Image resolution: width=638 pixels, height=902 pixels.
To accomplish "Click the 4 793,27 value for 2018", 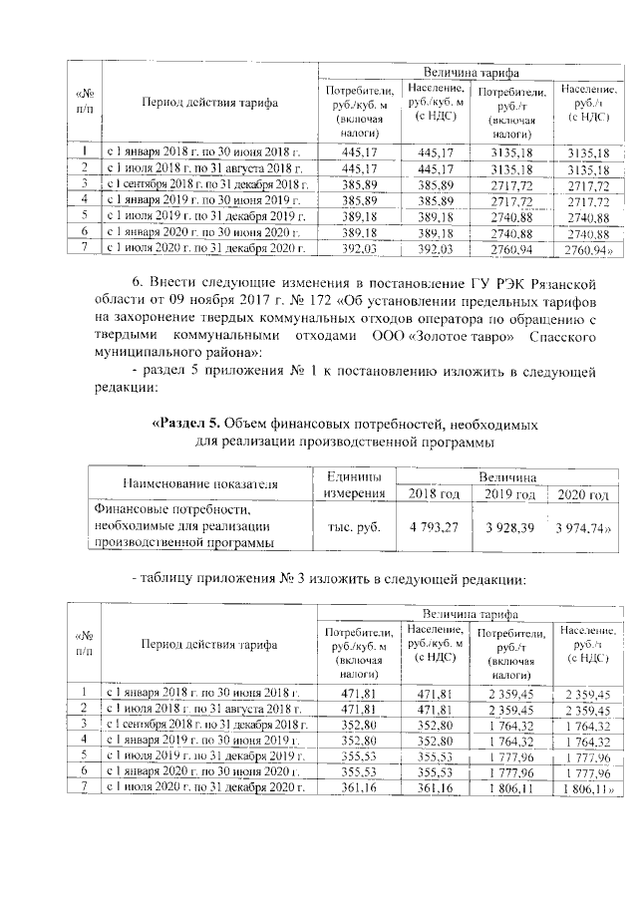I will tap(435, 522).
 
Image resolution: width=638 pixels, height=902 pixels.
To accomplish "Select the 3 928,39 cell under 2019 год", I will tap(510, 522).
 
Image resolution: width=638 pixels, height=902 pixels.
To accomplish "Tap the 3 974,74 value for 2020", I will tap(580, 522).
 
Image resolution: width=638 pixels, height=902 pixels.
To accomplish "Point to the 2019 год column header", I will tap(510, 494).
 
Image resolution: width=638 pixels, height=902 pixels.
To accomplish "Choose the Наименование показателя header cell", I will tap(199, 484).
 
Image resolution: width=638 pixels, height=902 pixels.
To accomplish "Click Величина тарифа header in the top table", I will tap(471, 73).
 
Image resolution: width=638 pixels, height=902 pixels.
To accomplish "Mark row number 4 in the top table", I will tap(86, 199).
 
